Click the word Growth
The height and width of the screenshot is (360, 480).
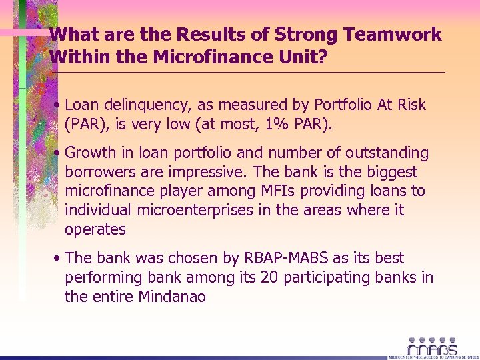pos(91,153)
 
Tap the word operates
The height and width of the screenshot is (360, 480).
pos(95,229)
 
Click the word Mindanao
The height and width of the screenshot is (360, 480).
pos(172,296)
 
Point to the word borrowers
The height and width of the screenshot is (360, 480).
pos(97,173)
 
